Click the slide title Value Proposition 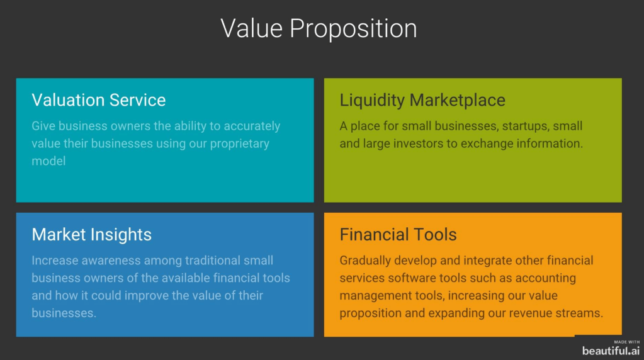pyautogui.click(x=319, y=29)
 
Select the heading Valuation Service pyautogui.click(x=99, y=100)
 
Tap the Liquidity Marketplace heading pyautogui.click(x=422, y=101)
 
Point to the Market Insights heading pyautogui.click(x=91, y=235)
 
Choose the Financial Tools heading pyautogui.click(x=398, y=234)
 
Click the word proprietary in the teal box pyautogui.click(x=239, y=144)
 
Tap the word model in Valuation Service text pyautogui.click(x=48, y=161)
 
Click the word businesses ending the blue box pyautogui.click(x=64, y=313)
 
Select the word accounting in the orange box pyautogui.click(x=545, y=278)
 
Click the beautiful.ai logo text pyautogui.click(x=611, y=351)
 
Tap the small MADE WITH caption pyautogui.click(x=627, y=342)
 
